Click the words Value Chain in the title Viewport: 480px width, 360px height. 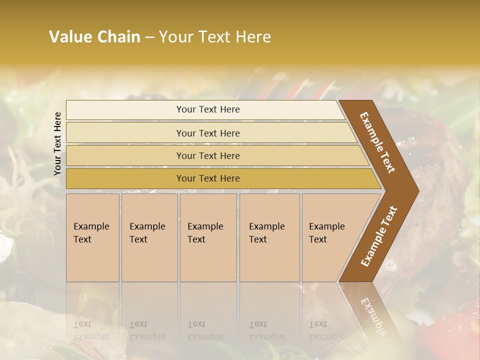(94, 37)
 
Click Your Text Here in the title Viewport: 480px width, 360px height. (215, 37)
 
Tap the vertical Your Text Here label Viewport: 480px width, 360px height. (57, 143)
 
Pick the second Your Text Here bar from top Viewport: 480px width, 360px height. (208, 133)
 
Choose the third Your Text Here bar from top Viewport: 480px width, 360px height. (208, 155)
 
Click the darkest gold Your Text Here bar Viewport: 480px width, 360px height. (208, 178)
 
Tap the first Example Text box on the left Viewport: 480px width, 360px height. (92, 237)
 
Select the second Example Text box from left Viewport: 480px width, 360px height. (149, 237)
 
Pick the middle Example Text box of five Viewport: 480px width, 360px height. (208, 237)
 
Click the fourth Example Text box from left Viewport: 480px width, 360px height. (269, 237)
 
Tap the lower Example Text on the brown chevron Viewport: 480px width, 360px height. (379, 236)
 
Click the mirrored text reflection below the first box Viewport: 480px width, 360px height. (91, 330)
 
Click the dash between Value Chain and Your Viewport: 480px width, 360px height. (149, 37)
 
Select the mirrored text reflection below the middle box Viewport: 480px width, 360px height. (205, 330)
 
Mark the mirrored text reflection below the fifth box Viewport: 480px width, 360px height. (326, 330)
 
